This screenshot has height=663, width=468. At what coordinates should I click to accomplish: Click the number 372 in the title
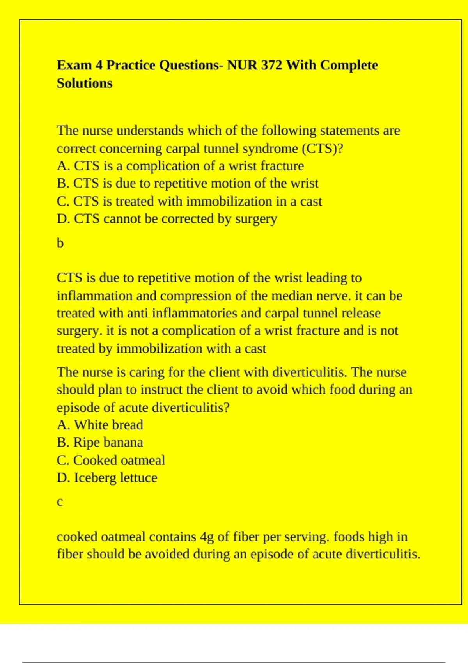click(271, 65)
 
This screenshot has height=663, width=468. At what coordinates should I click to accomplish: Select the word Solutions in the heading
click(85, 83)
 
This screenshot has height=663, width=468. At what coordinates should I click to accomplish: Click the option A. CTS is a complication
click(180, 166)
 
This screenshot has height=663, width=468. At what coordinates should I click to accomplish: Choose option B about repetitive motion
click(188, 183)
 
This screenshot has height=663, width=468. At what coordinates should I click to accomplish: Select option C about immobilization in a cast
click(189, 201)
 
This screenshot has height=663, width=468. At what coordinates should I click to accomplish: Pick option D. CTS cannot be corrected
click(167, 219)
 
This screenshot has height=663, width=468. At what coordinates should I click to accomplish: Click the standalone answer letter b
click(60, 243)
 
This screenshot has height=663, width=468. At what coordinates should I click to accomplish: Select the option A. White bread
click(100, 425)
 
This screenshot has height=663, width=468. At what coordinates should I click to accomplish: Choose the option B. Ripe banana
click(100, 442)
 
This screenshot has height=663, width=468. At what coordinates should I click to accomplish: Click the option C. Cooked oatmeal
click(111, 460)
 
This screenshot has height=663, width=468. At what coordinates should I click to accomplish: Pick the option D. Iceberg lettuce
click(107, 478)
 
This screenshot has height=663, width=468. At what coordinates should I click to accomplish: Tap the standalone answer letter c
click(60, 502)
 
